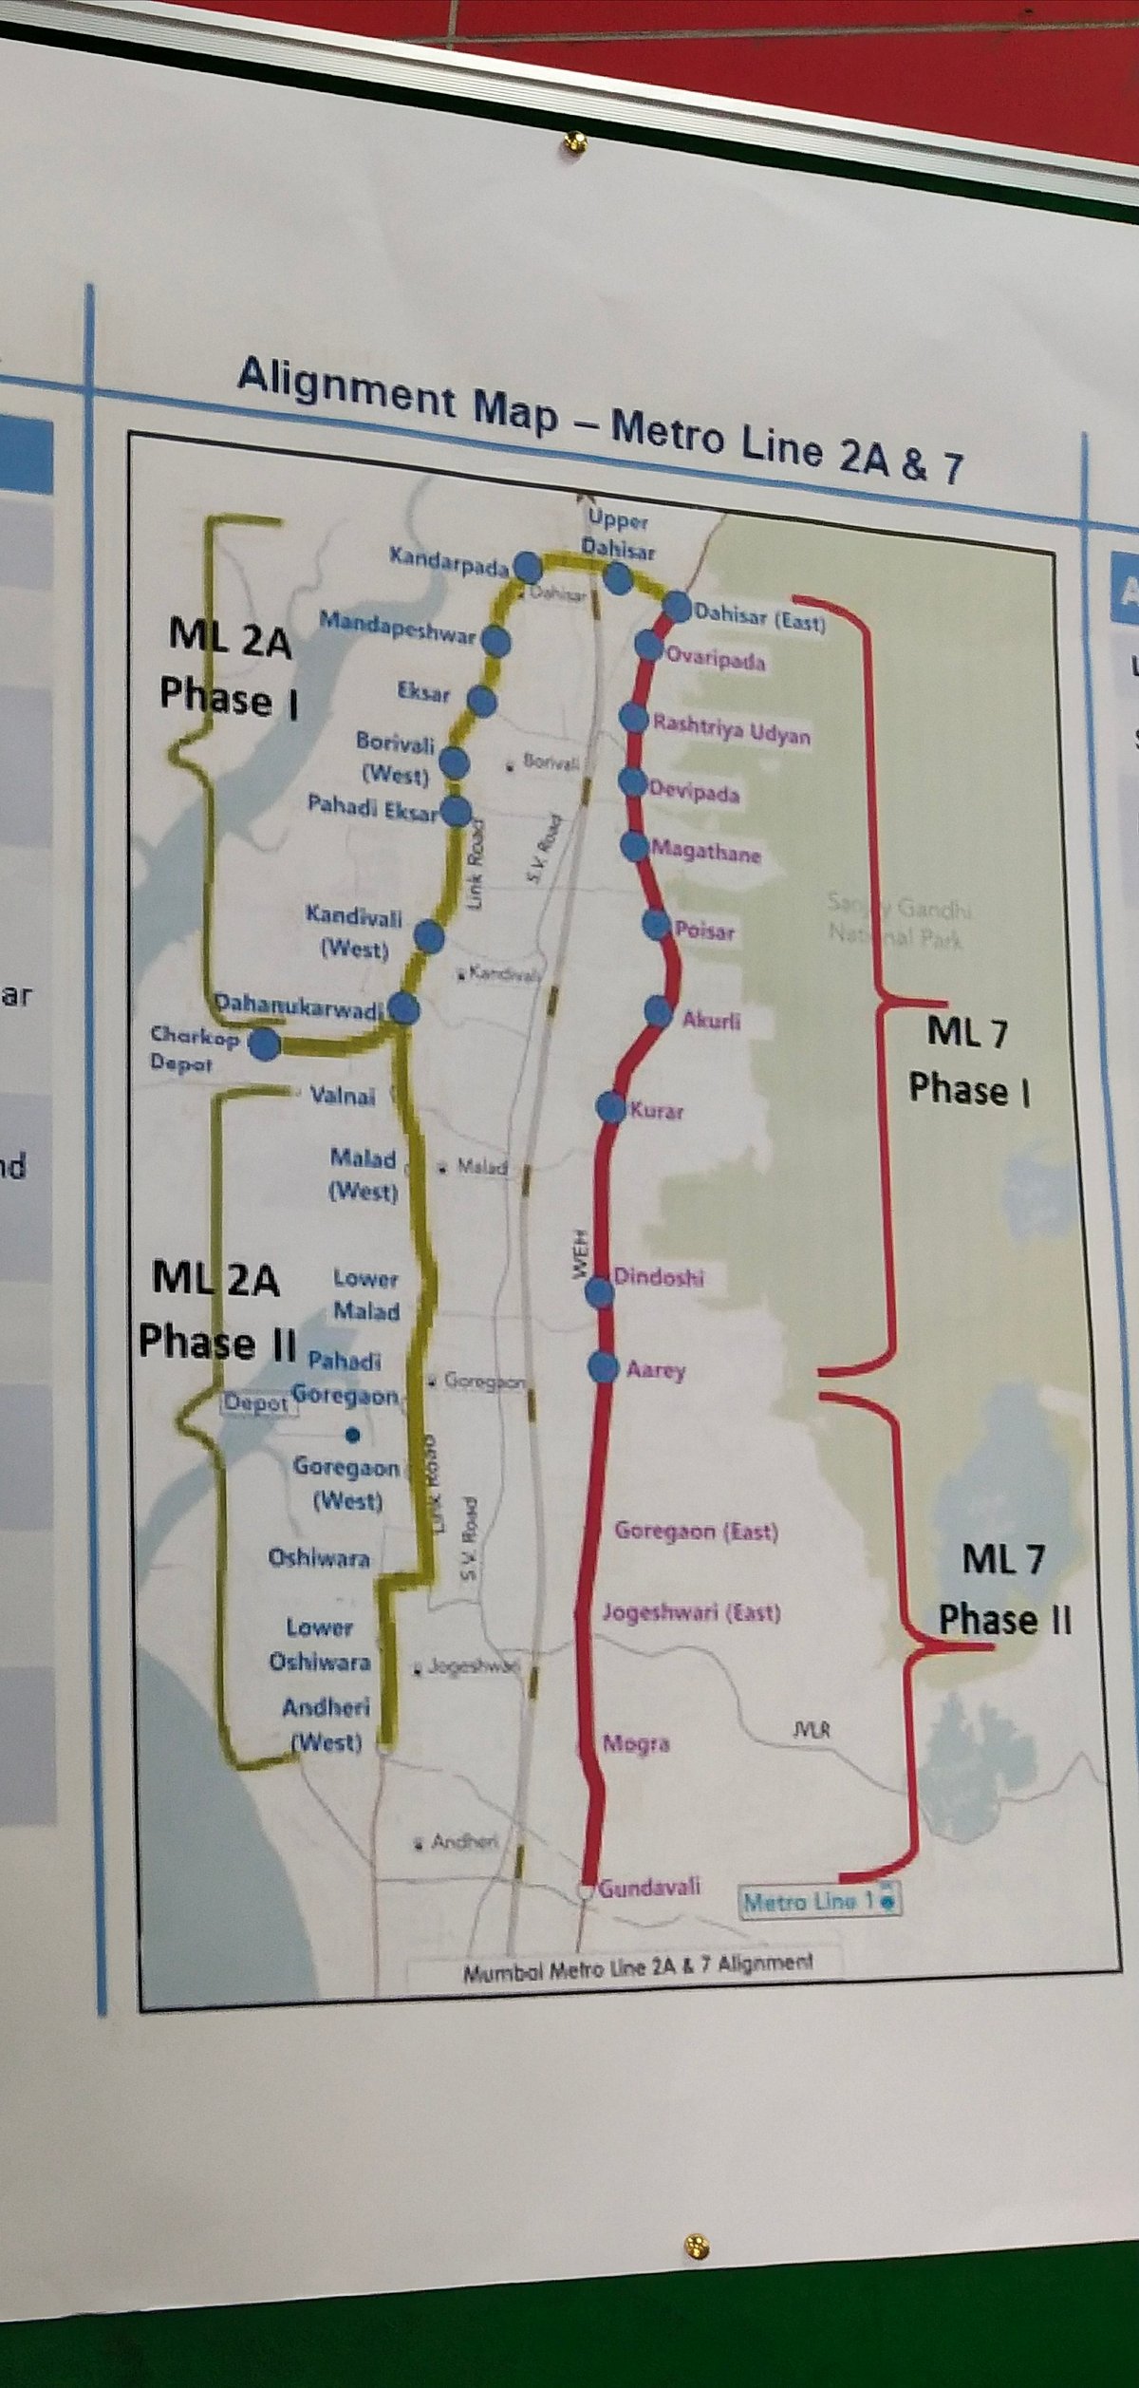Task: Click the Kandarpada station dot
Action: click(x=528, y=568)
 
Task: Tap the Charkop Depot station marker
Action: click(x=264, y=1044)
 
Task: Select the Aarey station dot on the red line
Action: click(x=603, y=1367)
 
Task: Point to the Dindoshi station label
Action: click(x=658, y=1277)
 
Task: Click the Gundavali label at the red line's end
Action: click(x=650, y=1887)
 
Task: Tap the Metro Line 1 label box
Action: click(x=817, y=1902)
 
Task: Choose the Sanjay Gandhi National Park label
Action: click(x=898, y=922)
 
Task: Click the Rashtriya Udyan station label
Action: click(x=731, y=728)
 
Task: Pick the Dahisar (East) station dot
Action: click(x=678, y=605)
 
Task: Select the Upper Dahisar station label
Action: click(x=618, y=535)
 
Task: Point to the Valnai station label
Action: click(x=343, y=1096)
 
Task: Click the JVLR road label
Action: click(x=812, y=1729)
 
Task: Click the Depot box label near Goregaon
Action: click(x=256, y=1403)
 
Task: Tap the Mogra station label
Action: click(x=636, y=1743)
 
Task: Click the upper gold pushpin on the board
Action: click(x=574, y=142)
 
